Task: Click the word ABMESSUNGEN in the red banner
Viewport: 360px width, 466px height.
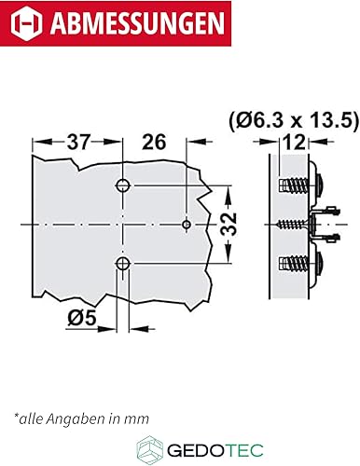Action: point(137,23)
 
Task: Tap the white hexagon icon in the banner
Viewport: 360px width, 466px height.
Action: point(26,22)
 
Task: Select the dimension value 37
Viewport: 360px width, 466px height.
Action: point(78,142)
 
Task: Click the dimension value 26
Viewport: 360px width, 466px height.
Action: point(154,142)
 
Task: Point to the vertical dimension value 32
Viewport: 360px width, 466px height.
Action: point(228,225)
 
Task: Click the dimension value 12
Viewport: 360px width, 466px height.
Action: point(294,143)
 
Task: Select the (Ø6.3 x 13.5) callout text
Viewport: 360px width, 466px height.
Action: point(294,120)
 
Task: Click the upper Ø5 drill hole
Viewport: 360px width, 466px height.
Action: point(123,185)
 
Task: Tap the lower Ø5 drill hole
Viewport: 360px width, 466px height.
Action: point(123,264)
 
